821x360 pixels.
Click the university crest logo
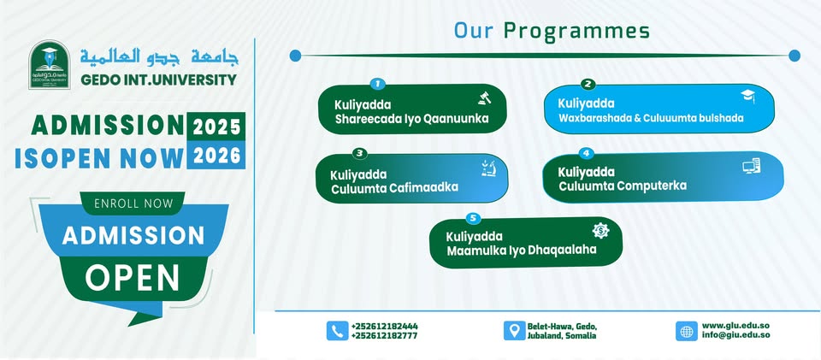(x=50, y=65)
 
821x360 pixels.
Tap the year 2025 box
(x=216, y=126)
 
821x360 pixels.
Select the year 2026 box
(x=216, y=155)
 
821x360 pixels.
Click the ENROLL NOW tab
(x=133, y=203)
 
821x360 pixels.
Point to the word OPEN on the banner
(x=132, y=277)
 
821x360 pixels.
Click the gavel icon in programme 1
(x=482, y=98)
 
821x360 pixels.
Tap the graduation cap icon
(x=747, y=96)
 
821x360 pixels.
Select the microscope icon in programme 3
(x=488, y=168)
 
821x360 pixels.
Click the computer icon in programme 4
(x=752, y=167)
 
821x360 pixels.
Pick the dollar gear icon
(x=600, y=231)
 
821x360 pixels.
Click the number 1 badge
(x=377, y=83)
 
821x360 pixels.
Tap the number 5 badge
(x=473, y=218)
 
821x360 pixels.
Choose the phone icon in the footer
(x=337, y=331)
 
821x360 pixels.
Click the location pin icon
(x=514, y=331)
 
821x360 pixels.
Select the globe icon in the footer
(x=687, y=331)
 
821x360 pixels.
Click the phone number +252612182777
(x=384, y=336)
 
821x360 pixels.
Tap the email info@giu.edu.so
(x=735, y=335)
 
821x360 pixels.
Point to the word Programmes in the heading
(x=576, y=32)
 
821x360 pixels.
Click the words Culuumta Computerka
(x=623, y=186)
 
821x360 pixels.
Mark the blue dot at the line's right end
(x=794, y=56)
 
